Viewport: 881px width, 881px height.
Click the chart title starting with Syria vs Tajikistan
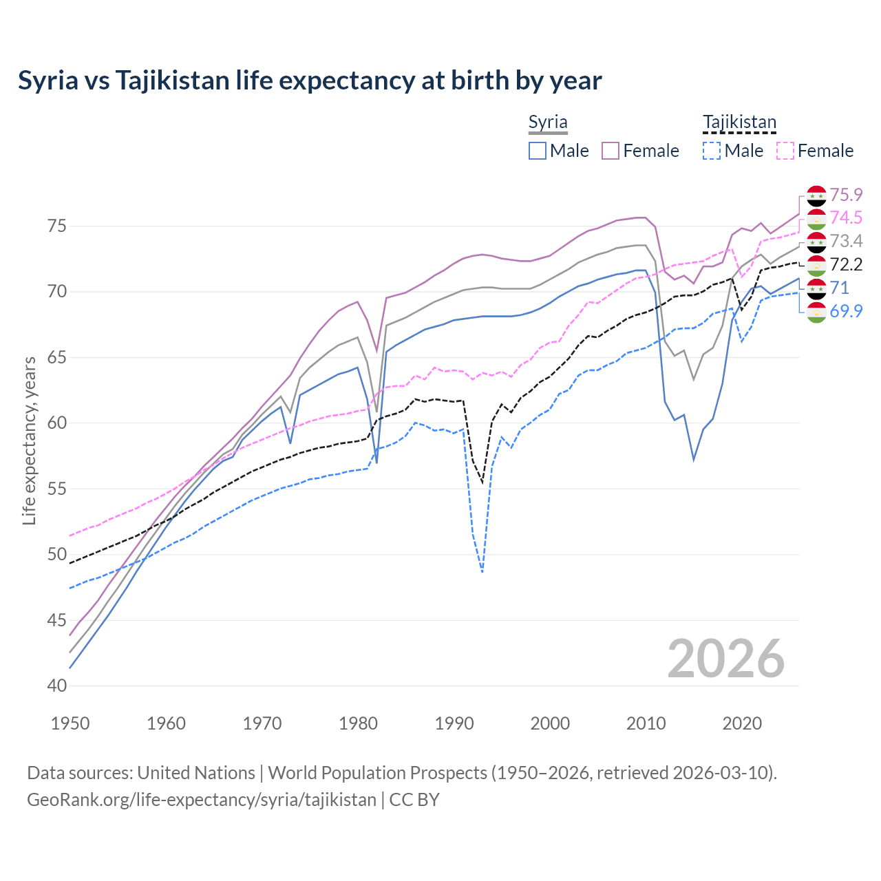310,81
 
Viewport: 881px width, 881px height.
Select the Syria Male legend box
538,151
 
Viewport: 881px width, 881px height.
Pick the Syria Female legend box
611,151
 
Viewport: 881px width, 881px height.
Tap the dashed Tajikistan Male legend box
712,151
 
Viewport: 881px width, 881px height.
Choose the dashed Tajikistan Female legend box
785,151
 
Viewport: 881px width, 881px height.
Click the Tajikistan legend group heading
739,123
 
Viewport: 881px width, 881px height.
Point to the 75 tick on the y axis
57,226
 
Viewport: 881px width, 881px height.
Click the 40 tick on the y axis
57,686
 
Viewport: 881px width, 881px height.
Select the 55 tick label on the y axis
57,489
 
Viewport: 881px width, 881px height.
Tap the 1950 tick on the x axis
70,723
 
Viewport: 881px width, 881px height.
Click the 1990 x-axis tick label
454,723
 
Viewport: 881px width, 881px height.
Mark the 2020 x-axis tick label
742,723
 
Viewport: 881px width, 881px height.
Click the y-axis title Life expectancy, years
29,440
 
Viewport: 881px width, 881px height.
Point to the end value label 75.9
846,195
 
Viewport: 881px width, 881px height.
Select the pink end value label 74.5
846,218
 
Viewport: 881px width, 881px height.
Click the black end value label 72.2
846,265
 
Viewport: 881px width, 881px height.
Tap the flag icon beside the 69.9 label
816,312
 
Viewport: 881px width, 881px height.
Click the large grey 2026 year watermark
725,659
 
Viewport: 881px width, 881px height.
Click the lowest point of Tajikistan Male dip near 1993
482,572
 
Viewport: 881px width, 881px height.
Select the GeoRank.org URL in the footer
202,800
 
